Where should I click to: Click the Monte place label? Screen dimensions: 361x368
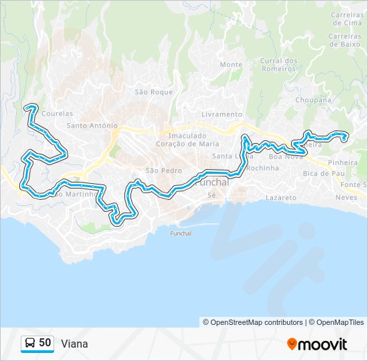click(231, 65)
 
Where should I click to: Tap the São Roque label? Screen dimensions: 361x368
click(154, 92)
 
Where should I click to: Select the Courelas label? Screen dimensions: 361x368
click(57, 114)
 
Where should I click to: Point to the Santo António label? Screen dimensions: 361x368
click(92, 125)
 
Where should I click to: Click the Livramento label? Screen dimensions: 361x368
click(221, 114)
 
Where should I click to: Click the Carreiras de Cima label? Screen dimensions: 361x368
click(347, 18)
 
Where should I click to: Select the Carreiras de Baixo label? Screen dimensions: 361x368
click(347, 41)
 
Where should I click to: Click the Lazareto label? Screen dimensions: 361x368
click(280, 198)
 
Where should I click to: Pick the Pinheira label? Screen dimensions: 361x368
click(343, 162)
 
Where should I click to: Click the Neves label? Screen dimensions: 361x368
click(346, 198)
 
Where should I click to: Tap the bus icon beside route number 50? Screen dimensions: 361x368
click(30, 344)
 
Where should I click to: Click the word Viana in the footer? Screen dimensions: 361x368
click(74, 344)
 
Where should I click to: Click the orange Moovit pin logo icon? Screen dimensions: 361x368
click(292, 344)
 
